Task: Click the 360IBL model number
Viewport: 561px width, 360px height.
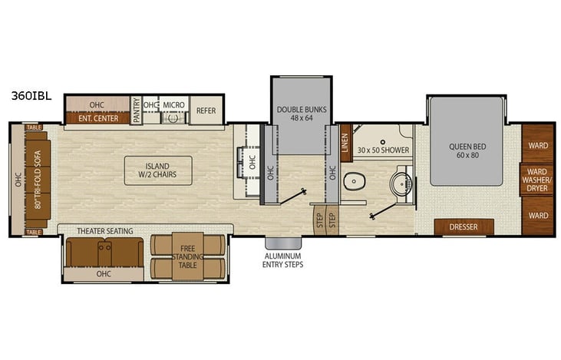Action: pyautogui.click(x=31, y=95)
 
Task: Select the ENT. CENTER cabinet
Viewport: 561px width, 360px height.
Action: pyautogui.click(x=98, y=118)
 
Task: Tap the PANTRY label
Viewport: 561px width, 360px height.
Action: pyautogui.click(x=136, y=111)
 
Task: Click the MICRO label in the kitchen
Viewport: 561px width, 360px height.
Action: pyautogui.click(x=174, y=105)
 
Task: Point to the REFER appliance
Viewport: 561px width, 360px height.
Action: pyautogui.click(x=206, y=111)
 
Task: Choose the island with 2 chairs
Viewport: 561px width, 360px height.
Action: pyautogui.click(x=158, y=170)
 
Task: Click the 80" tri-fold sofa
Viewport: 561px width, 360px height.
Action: pyautogui.click(x=38, y=180)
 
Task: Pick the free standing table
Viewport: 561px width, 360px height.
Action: pyautogui.click(x=187, y=256)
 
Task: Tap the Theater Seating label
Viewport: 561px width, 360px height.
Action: pyautogui.click(x=105, y=231)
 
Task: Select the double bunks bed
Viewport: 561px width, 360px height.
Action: pyautogui.click(x=302, y=116)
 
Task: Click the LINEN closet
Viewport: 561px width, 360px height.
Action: pyautogui.click(x=345, y=143)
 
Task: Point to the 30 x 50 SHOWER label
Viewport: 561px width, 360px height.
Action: pyautogui.click(x=383, y=150)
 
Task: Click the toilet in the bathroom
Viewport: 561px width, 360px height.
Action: pyautogui.click(x=354, y=181)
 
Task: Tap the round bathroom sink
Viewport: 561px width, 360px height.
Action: pyautogui.click(x=401, y=183)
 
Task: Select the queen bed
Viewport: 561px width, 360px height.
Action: pyautogui.click(x=467, y=141)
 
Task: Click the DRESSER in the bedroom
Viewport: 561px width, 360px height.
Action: pyautogui.click(x=464, y=227)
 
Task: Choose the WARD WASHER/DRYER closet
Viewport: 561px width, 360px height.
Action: pyautogui.click(x=537, y=180)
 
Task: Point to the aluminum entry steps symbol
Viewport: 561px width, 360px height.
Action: pyautogui.click(x=283, y=243)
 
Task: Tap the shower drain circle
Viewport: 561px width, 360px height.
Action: pyautogui.click(x=383, y=142)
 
